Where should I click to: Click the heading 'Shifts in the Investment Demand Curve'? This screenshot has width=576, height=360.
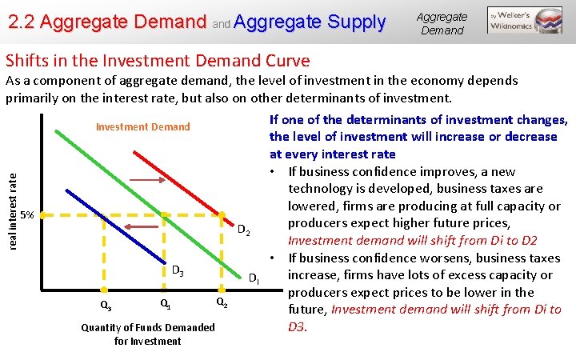click(x=158, y=60)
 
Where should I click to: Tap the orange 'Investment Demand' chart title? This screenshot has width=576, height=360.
click(x=142, y=126)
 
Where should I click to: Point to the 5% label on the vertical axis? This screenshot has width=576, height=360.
click(x=26, y=214)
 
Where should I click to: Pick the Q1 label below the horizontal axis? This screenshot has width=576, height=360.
click(x=164, y=304)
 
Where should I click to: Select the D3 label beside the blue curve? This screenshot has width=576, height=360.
click(x=178, y=272)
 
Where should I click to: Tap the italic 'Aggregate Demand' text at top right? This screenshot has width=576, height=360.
click(x=442, y=23)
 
